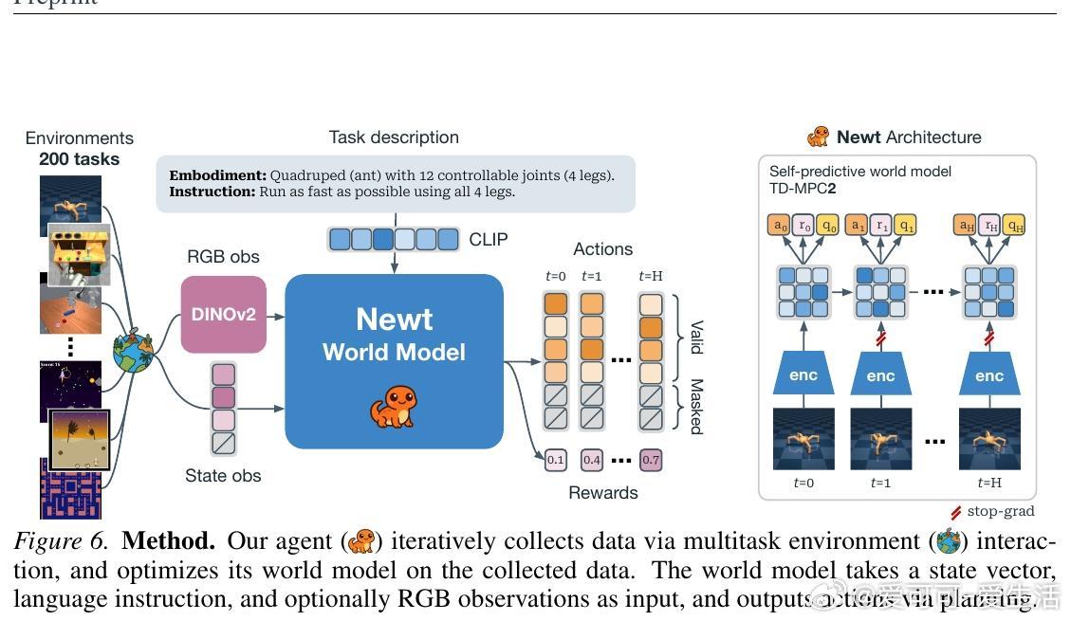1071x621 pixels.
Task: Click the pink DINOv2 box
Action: click(x=224, y=314)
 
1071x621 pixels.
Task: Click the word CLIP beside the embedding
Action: click(x=489, y=240)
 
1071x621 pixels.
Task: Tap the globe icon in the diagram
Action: click(x=132, y=353)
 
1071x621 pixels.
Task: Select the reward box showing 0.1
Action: click(x=555, y=461)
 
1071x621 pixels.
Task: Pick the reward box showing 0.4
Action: click(x=592, y=461)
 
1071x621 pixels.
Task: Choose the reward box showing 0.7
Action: click(x=651, y=461)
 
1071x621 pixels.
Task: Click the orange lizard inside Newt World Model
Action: click(x=393, y=406)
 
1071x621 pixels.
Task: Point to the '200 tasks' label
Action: click(x=79, y=159)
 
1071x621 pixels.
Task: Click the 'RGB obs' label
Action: click(x=223, y=257)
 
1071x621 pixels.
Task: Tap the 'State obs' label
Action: click(x=223, y=476)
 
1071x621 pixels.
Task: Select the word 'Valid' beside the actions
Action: click(x=696, y=337)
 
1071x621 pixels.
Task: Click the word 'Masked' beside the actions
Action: click(x=696, y=407)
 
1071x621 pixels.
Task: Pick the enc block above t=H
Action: click(x=988, y=375)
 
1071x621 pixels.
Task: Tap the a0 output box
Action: click(x=780, y=226)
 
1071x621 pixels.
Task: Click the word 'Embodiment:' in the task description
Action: click(x=218, y=175)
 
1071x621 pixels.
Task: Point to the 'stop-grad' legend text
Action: click(x=1001, y=512)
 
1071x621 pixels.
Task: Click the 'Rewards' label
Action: click(x=603, y=492)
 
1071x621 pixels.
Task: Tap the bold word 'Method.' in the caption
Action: click(x=169, y=541)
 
